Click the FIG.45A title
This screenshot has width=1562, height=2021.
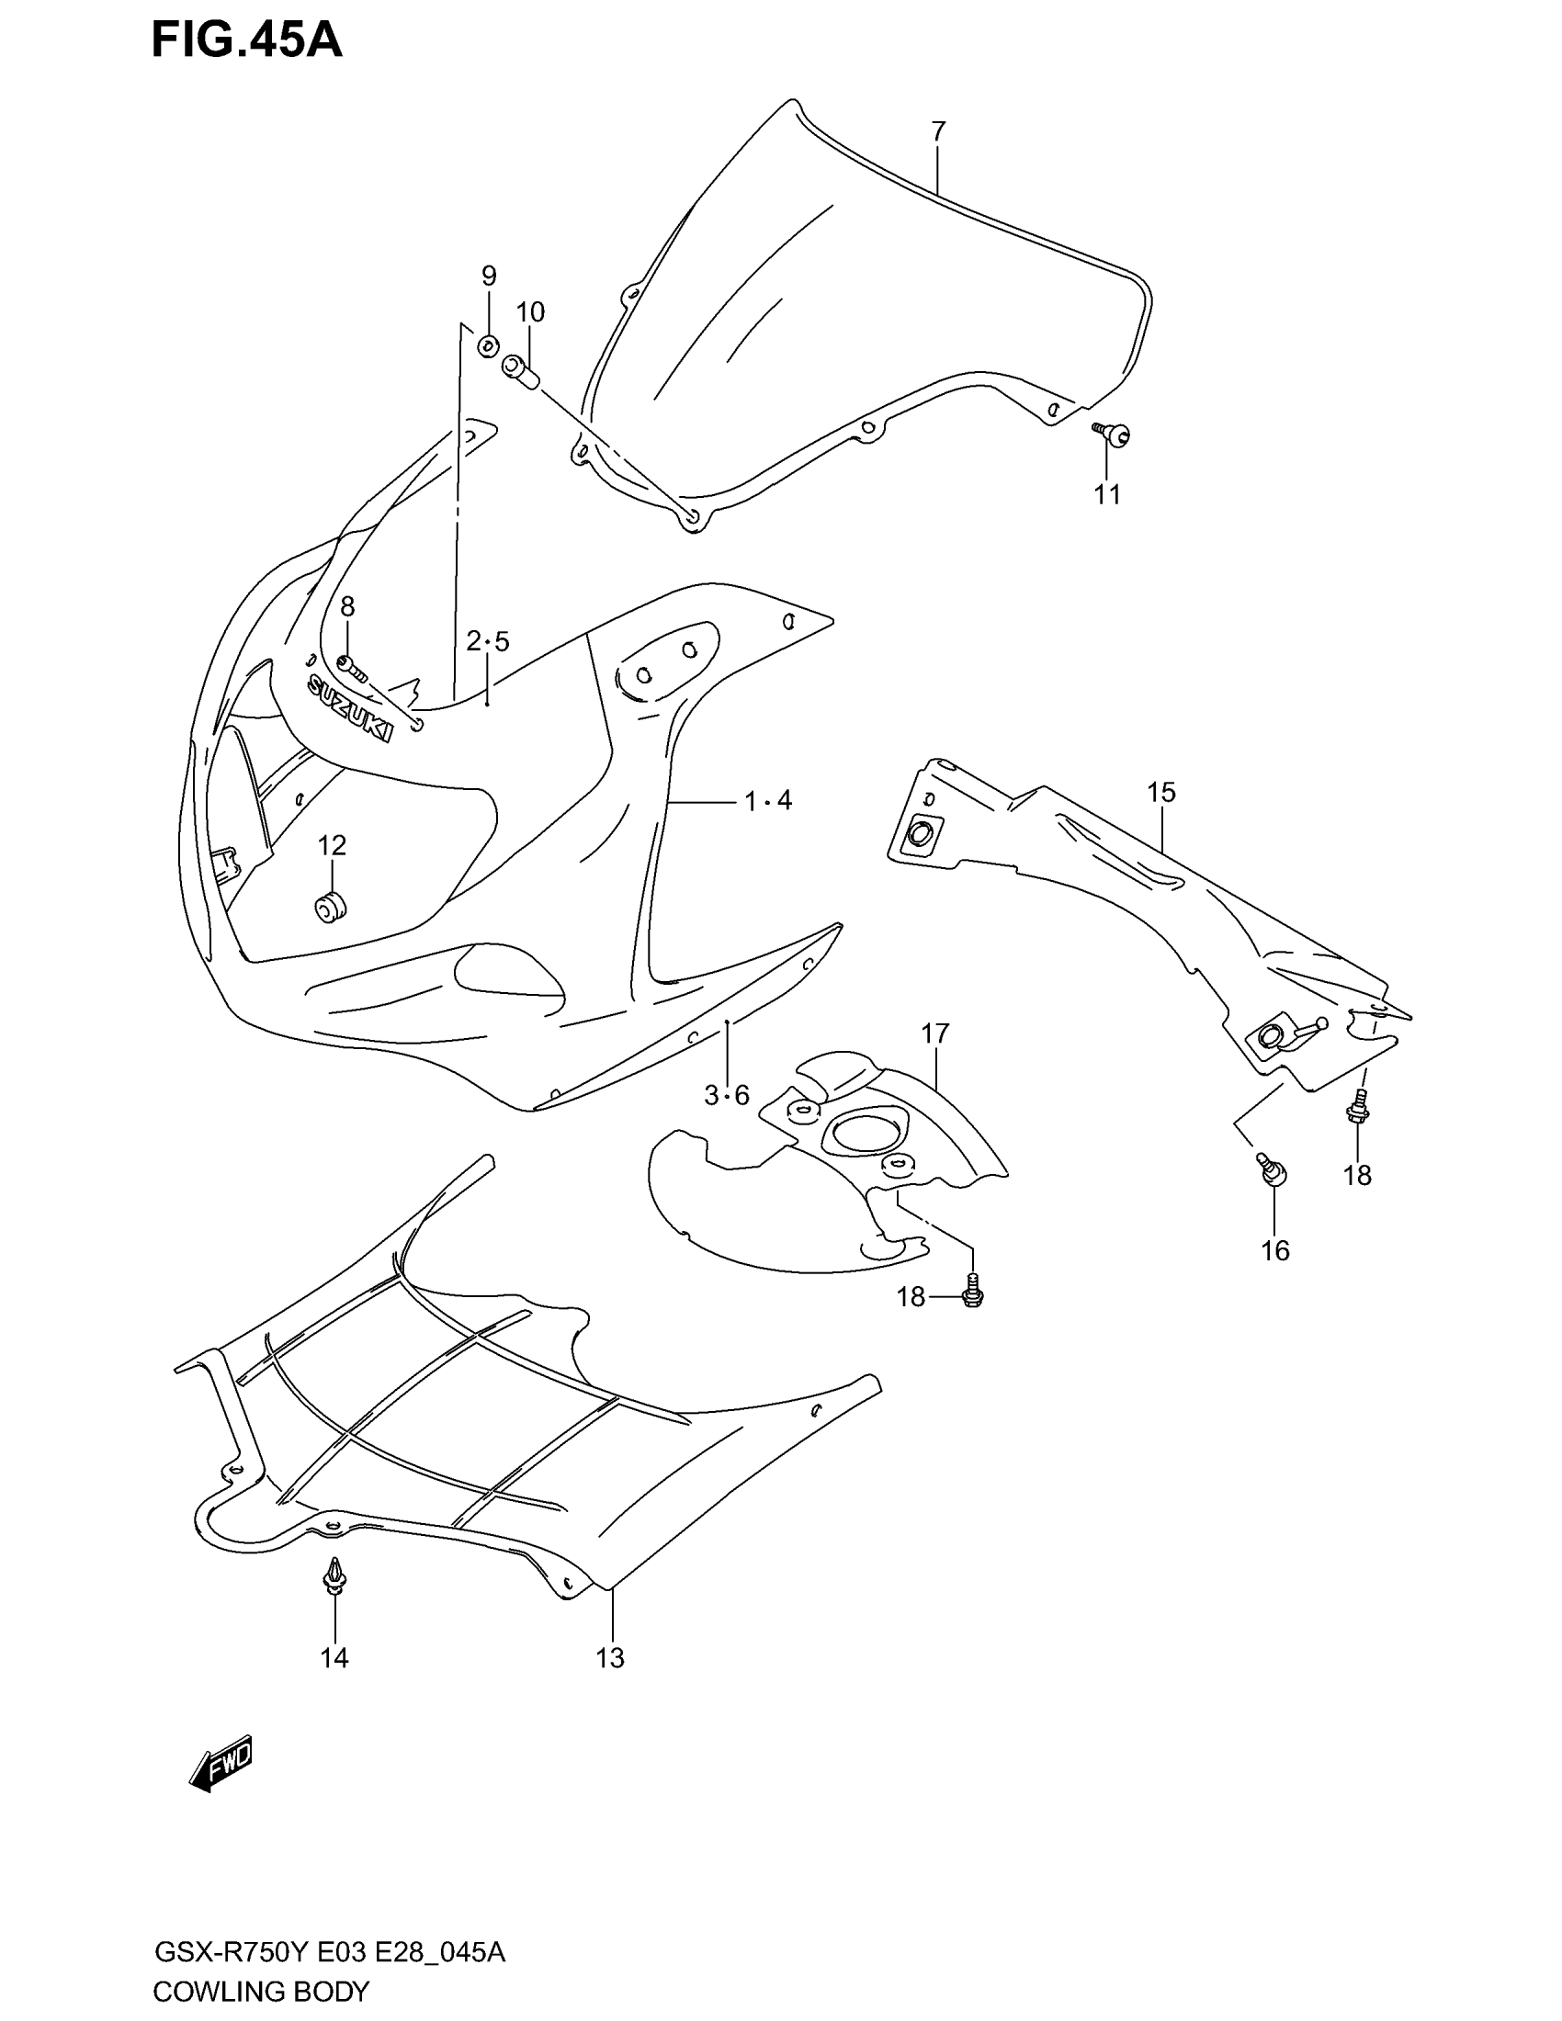[246, 41]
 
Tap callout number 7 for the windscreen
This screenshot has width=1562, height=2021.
[938, 132]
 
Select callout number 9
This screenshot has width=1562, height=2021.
[489, 276]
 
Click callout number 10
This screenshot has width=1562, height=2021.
[530, 312]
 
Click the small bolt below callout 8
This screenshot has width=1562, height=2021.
[352, 663]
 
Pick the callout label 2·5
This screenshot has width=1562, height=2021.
[488, 641]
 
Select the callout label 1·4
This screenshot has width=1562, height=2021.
[769, 800]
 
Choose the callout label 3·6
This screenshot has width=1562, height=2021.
[727, 1097]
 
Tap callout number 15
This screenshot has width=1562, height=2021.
[1161, 792]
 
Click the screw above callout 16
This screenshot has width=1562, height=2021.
[1271, 1170]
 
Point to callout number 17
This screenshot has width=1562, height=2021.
[935, 1033]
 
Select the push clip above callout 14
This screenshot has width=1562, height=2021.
[334, 1575]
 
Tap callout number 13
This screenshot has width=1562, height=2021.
[611, 1658]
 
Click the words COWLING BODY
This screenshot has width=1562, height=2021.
[261, 1992]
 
